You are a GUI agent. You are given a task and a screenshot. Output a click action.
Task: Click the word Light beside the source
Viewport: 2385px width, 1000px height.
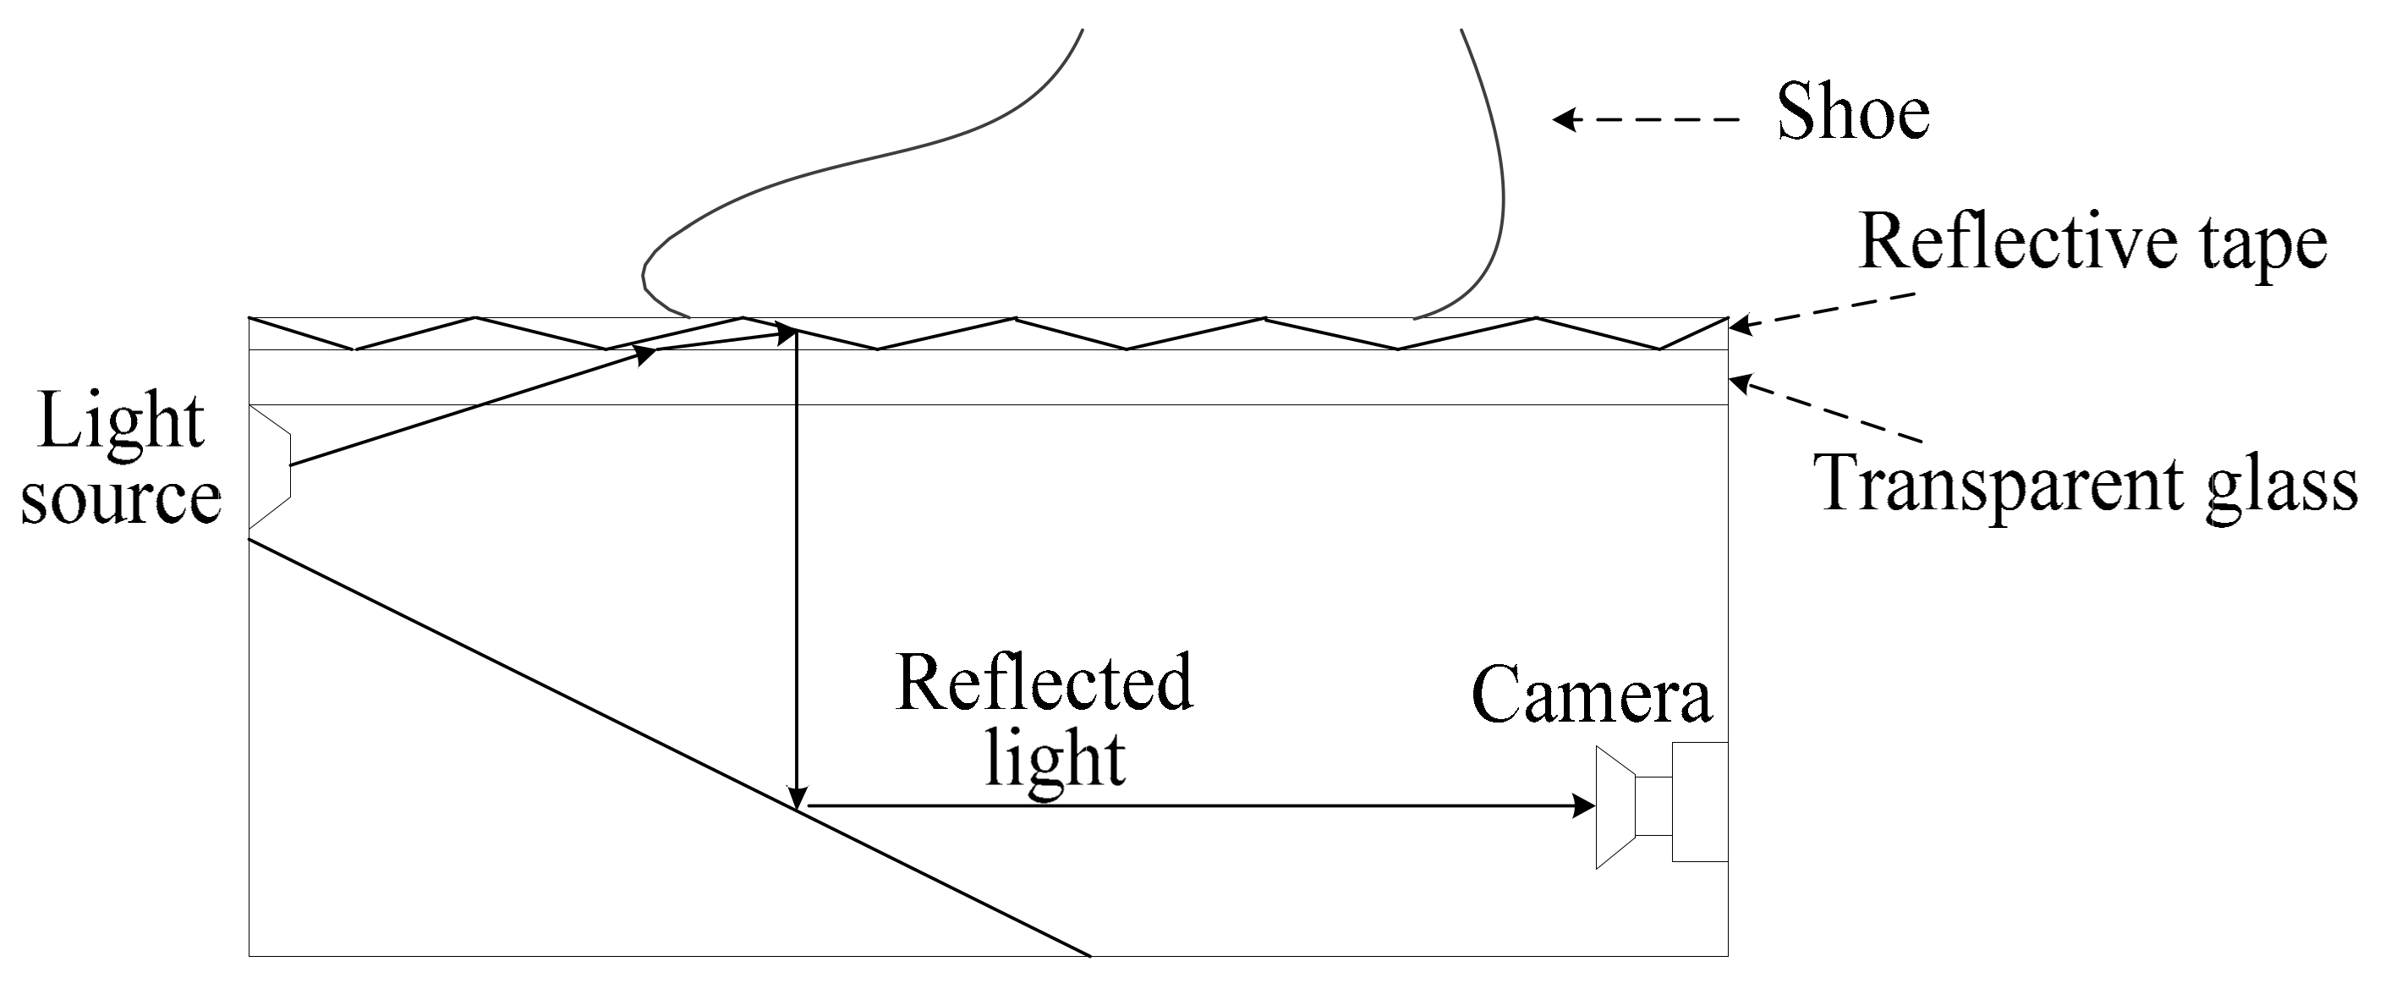click(121, 423)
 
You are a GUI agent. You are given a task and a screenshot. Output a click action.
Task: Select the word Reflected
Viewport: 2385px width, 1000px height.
click(1044, 684)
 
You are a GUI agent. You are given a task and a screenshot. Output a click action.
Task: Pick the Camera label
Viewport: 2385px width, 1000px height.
click(1591, 696)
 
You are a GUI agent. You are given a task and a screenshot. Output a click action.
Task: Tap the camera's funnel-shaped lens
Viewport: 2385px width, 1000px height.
click(1615, 806)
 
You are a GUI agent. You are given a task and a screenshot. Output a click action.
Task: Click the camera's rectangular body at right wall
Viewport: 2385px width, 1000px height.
click(1699, 802)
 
